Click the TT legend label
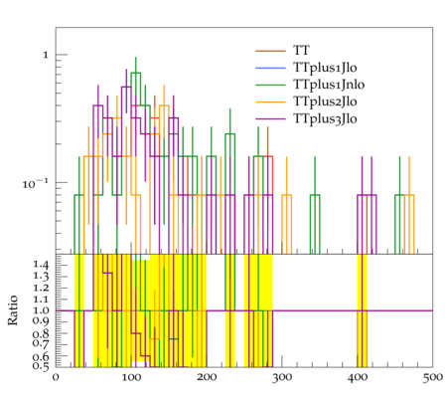(x=301, y=51)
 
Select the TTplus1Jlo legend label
(x=325, y=68)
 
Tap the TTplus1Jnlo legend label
(x=329, y=85)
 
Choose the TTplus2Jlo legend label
(x=325, y=101)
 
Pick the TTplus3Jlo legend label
(x=325, y=118)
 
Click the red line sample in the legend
(x=270, y=51)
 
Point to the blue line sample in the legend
(x=270, y=68)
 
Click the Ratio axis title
(x=13, y=309)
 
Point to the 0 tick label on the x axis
(x=56, y=377)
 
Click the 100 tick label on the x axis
(x=131, y=377)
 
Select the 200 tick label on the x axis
(x=207, y=377)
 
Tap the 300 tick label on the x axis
(x=282, y=377)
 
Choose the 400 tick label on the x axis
(x=358, y=377)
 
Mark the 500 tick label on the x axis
(x=433, y=377)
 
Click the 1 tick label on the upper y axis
(x=46, y=55)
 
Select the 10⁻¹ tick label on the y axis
(x=36, y=183)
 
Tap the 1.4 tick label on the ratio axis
(x=41, y=265)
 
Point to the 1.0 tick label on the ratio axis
(x=41, y=310)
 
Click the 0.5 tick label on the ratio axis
(x=41, y=366)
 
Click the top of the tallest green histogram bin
(x=136, y=73)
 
